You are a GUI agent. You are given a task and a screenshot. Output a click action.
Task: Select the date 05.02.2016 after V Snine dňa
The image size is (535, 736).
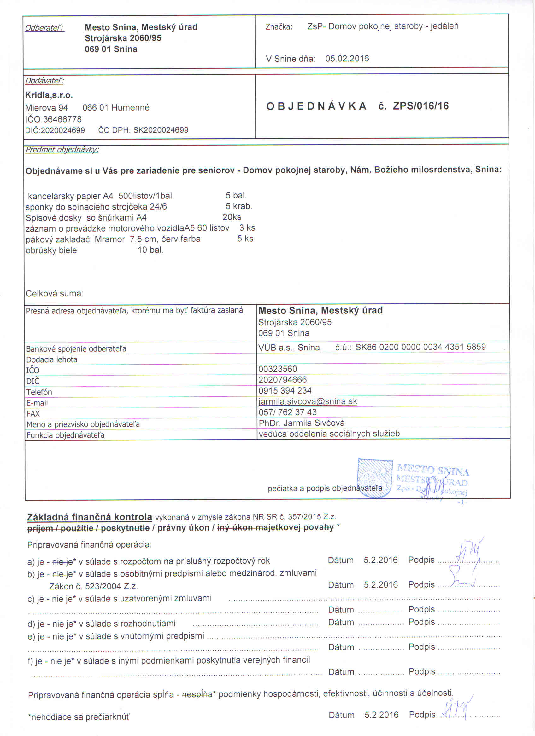tap(347, 59)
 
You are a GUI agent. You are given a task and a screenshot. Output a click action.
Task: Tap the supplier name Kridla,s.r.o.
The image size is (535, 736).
tap(49, 95)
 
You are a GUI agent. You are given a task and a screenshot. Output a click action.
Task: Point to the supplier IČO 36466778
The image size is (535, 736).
tap(62, 119)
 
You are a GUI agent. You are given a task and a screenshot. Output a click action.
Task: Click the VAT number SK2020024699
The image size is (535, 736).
tap(161, 130)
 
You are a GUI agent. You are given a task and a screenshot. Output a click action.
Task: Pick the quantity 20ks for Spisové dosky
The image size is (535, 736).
tap(232, 217)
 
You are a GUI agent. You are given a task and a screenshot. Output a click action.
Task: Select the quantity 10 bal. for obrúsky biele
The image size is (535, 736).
tap(150, 250)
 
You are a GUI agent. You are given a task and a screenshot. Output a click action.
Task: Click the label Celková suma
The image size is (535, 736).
tap(54, 294)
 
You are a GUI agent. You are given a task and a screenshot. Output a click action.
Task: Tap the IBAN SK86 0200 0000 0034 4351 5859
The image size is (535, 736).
tap(420, 347)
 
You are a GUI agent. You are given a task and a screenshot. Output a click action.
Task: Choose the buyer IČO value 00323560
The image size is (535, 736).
tap(277, 369)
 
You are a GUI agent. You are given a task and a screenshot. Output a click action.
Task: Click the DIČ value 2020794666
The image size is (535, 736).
tap(282, 380)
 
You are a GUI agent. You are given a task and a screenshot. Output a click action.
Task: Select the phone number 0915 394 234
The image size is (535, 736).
tap(285, 390)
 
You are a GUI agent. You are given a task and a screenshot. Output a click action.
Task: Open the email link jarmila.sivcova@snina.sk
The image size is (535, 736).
tap(308, 401)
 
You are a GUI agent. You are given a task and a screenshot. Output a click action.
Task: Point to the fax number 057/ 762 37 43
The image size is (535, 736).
tap(287, 412)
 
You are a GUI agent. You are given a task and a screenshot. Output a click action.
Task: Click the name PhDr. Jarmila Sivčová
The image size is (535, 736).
tap(302, 423)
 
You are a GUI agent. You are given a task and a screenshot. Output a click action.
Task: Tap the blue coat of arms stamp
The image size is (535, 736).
tap(375, 478)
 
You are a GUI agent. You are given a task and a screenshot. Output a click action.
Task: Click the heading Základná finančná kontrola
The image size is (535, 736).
tap(89, 517)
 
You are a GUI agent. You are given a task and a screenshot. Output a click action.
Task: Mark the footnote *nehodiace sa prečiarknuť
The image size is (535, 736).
tap(79, 717)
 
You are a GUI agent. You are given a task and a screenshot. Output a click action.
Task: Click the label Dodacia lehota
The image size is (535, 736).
tap(52, 359)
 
